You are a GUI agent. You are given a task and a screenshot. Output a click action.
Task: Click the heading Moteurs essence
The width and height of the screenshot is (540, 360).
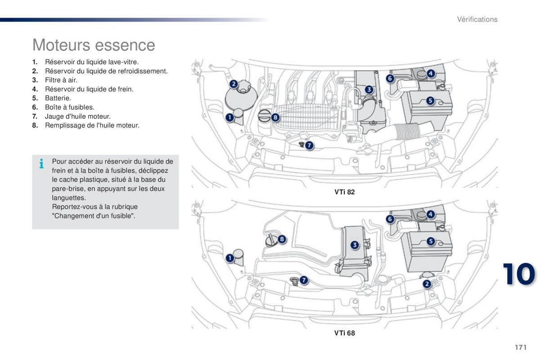click(x=94, y=45)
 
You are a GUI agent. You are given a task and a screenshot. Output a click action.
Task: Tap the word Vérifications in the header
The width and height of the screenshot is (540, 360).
click(x=477, y=19)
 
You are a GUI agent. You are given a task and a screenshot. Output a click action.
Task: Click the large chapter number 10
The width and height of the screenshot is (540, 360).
click(x=519, y=274)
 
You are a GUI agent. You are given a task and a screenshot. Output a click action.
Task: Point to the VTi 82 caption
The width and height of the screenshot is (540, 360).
click(x=344, y=192)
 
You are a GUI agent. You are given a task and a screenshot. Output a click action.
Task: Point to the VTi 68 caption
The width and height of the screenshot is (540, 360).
click(x=344, y=333)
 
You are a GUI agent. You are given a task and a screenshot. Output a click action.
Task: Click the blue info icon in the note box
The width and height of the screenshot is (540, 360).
click(x=41, y=164)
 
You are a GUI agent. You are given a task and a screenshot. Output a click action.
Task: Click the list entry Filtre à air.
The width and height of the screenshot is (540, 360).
click(x=61, y=80)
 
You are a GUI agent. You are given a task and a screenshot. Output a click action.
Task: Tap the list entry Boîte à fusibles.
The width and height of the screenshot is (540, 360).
click(x=69, y=107)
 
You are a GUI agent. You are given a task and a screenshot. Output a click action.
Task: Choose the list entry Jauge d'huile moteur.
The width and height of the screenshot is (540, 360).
click(x=77, y=116)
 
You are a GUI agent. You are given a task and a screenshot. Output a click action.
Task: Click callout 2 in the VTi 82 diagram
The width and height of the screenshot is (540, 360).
click(x=234, y=84)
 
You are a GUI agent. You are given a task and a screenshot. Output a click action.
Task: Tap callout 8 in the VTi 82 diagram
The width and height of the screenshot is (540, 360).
click(x=275, y=118)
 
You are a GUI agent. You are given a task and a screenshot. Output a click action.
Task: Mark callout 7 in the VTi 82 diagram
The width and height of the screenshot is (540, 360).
click(x=309, y=145)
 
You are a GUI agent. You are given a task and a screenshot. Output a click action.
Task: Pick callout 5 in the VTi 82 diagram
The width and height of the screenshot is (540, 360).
click(x=430, y=101)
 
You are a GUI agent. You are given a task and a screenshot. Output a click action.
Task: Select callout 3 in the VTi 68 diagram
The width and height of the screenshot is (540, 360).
click(x=355, y=245)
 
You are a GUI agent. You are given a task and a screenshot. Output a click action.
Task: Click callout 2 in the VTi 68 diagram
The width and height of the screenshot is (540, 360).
click(x=426, y=283)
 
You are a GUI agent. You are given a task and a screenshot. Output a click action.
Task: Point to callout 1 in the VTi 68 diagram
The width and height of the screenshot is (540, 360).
click(x=229, y=258)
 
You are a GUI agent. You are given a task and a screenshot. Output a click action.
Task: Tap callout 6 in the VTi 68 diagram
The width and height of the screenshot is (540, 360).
click(x=390, y=219)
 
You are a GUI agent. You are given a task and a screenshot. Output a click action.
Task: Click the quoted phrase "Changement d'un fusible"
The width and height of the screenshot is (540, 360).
click(x=94, y=216)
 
